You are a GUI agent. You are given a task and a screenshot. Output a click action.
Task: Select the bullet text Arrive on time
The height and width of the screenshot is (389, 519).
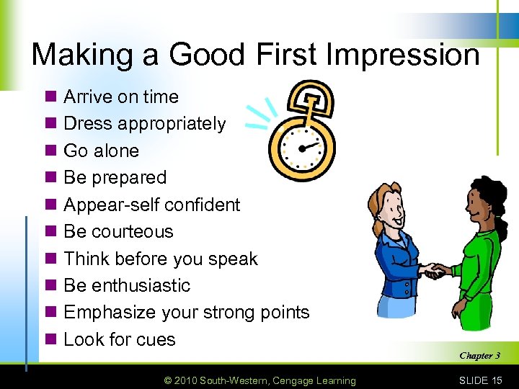click(x=121, y=97)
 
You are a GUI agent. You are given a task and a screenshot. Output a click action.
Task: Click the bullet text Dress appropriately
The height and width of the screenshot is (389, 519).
click(x=144, y=124)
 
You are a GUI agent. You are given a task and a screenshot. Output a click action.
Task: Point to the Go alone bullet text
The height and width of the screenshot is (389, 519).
click(x=101, y=151)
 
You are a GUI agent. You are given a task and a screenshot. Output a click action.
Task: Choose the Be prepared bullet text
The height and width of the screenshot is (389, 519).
click(x=115, y=177)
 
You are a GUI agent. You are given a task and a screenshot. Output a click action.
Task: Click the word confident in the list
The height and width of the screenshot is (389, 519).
click(x=198, y=205)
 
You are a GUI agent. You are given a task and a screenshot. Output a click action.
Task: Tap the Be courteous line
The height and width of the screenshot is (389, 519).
click(x=118, y=231)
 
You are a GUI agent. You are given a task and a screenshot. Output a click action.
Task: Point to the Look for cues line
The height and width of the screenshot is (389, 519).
click(x=120, y=339)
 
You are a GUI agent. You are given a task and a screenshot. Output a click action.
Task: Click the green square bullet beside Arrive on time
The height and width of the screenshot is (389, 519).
click(x=50, y=97)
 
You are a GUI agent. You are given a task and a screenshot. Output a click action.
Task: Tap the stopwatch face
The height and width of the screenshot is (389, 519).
click(x=302, y=148)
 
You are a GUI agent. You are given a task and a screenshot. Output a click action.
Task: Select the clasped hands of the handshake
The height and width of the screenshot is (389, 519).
click(x=434, y=271)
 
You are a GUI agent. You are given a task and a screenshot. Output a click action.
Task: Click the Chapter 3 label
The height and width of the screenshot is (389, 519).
click(x=479, y=355)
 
